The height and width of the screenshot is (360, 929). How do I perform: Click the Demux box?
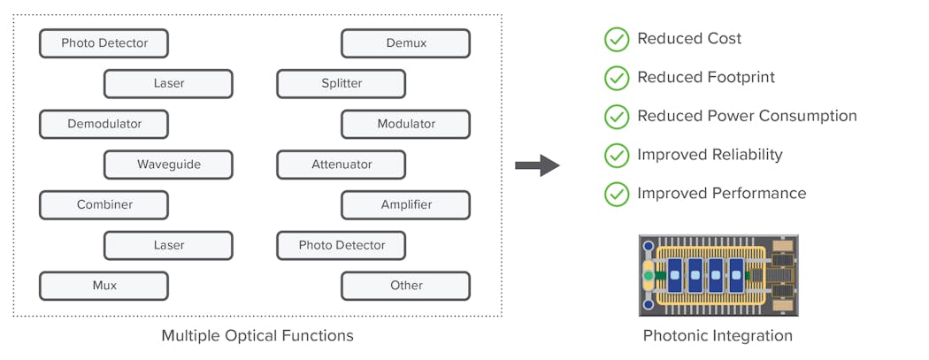(405, 43)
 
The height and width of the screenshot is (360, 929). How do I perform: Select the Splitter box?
(341, 84)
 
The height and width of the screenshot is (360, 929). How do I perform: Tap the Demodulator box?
(104, 124)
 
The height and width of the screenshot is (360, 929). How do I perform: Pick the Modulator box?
(405, 124)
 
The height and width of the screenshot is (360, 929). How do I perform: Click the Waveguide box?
(168, 165)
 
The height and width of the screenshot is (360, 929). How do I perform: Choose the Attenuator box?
(341, 165)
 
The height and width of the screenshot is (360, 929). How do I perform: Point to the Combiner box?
(104, 204)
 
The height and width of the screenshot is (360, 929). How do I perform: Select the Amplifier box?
(405, 204)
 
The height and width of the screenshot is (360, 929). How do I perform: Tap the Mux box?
(104, 286)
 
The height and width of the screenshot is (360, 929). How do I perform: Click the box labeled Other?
(405, 286)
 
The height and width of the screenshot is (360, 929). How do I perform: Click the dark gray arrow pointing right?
(537, 165)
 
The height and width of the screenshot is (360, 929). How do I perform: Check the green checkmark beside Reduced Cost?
(616, 39)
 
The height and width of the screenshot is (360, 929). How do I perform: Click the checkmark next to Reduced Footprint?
(616, 78)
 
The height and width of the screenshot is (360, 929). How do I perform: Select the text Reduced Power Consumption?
(747, 116)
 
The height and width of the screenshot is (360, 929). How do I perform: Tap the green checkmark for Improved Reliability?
(616, 155)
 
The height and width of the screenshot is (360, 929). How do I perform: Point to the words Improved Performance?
(721, 194)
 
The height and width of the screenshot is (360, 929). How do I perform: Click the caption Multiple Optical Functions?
(257, 336)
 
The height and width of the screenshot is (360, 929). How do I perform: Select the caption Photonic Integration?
(718, 336)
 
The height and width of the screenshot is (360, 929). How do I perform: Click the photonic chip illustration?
(718, 275)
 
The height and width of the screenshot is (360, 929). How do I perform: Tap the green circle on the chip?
(649, 276)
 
